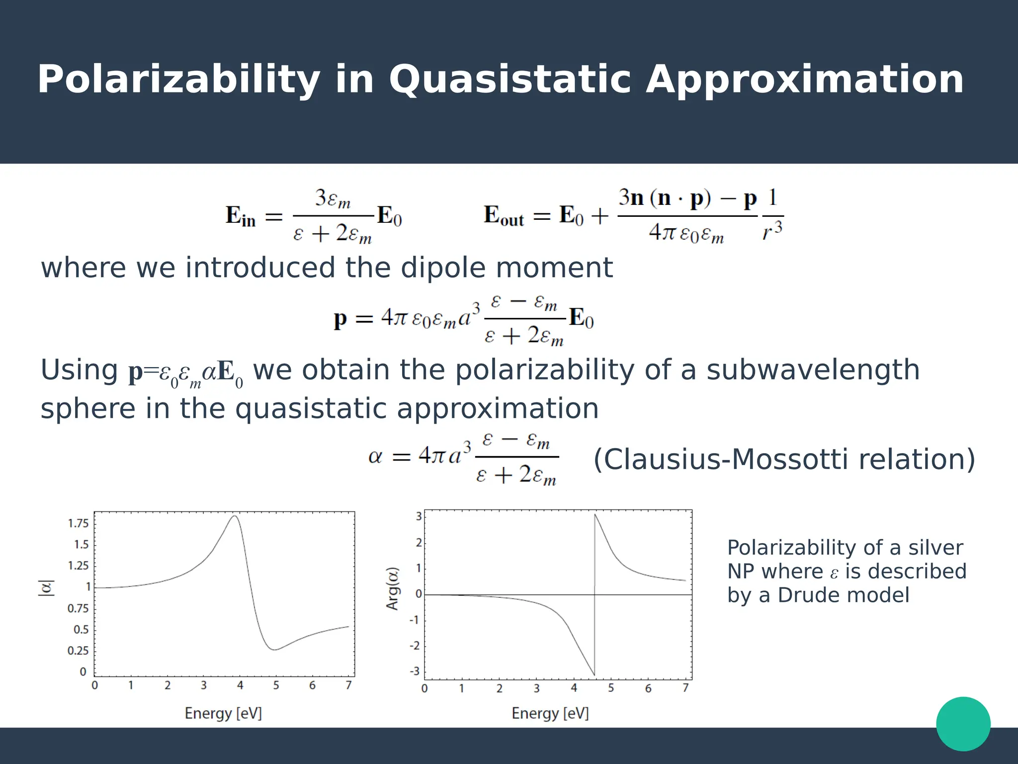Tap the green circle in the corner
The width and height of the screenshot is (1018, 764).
[x=963, y=724]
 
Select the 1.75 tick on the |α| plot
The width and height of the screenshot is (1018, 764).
[x=78, y=523]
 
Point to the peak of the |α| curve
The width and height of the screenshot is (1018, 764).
[x=235, y=516]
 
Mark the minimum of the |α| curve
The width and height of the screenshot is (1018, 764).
[x=274, y=650]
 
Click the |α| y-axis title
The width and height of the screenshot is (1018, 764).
[x=46, y=588]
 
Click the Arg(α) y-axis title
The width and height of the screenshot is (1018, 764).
[x=393, y=589]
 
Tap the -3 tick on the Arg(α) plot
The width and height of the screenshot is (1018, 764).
[x=415, y=671]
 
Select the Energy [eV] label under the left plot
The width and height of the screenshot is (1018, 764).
[x=223, y=713]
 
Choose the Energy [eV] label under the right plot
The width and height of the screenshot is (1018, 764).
[x=550, y=713]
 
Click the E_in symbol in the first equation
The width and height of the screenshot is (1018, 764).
[x=241, y=216]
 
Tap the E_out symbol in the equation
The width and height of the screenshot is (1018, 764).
[x=504, y=216]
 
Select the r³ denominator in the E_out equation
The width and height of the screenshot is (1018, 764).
[x=772, y=230]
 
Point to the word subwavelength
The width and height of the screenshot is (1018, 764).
[x=813, y=370]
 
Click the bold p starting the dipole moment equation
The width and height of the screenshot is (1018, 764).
[x=340, y=318]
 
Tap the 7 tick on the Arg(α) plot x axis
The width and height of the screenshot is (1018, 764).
[x=685, y=688]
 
